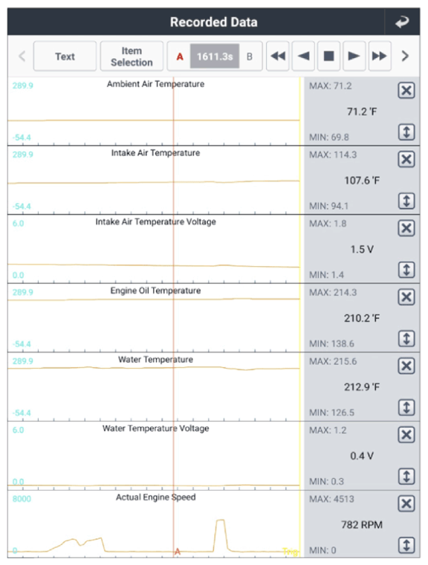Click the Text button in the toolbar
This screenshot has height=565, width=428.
coord(65,56)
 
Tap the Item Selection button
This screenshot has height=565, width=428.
coord(132,56)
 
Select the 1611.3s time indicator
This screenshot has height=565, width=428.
coord(215,56)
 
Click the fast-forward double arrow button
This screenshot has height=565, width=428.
coord(380,56)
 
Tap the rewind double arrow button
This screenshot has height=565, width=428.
coord(278,56)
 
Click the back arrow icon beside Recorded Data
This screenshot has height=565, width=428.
coord(402,22)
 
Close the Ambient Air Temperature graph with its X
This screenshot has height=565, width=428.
coord(406,90)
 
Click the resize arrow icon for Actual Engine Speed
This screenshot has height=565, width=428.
coord(406,545)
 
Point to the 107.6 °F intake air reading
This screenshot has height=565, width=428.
coord(362,180)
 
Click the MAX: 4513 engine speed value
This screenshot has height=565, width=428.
coord(331,499)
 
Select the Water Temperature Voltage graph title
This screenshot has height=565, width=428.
coord(155,428)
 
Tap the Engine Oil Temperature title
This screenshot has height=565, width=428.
coord(155,291)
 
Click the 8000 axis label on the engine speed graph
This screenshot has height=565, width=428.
coord(22,499)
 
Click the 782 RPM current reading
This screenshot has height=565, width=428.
coord(362,525)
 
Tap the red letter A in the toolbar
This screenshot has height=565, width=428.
coord(180,56)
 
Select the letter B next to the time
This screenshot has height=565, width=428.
coord(250,56)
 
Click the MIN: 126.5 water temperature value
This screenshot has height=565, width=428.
coord(331,413)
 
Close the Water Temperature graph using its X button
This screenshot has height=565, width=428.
coord(406,366)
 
